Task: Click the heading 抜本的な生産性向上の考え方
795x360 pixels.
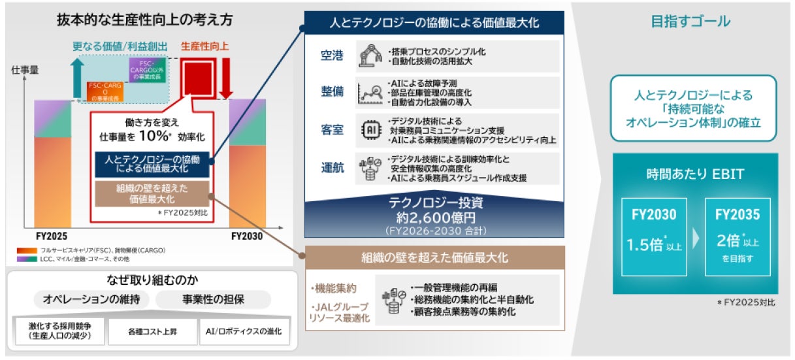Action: pyautogui.click(x=144, y=20)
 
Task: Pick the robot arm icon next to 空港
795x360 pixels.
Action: pyautogui.click(x=370, y=56)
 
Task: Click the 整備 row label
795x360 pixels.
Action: pyautogui.click(x=332, y=92)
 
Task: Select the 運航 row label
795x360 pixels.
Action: pyautogui.click(x=332, y=166)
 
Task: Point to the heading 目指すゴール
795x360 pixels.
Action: pyautogui.click(x=690, y=22)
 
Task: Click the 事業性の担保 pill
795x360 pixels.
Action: pyautogui.click(x=213, y=299)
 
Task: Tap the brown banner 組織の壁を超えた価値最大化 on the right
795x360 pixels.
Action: pyautogui.click(x=435, y=257)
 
